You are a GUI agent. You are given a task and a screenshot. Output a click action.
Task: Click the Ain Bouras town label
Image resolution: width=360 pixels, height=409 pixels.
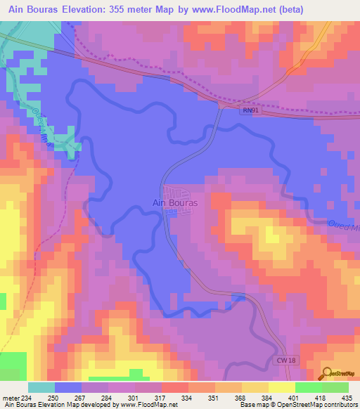point(175,203)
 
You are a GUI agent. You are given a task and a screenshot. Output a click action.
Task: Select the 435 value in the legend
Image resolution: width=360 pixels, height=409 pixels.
point(348,398)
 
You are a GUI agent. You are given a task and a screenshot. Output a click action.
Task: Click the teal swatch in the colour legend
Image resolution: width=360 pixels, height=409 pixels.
point(41,387)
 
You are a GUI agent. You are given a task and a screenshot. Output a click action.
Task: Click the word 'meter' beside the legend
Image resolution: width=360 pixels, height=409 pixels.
point(10,398)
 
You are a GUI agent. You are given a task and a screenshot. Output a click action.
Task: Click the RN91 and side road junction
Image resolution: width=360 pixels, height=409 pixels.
point(223,104)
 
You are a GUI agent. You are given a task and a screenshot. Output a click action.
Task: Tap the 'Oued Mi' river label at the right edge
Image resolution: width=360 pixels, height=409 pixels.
point(342,224)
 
